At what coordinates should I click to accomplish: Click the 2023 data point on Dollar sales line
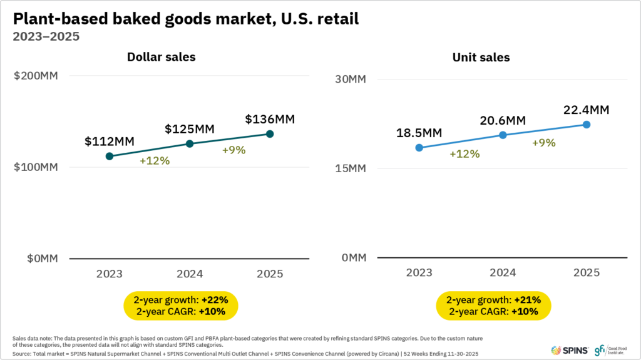[110, 156]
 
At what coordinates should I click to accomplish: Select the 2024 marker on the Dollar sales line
[190, 144]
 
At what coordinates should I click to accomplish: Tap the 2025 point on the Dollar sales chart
[270, 134]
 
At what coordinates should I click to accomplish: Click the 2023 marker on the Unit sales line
[419, 148]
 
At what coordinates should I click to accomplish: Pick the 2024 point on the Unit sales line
[503, 135]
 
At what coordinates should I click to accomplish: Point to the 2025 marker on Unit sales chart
[587, 125]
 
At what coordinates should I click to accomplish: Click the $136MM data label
[270, 119]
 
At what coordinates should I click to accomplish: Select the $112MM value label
[110, 141]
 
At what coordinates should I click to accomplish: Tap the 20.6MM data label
[503, 120]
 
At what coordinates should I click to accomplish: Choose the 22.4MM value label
[587, 110]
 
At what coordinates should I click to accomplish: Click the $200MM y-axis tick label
[36, 76]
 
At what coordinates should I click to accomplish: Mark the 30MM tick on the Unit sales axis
[349, 80]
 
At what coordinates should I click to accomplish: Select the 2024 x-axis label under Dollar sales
[190, 274]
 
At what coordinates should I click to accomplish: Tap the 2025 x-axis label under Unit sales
[587, 273]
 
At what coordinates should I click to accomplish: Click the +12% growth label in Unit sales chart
[464, 154]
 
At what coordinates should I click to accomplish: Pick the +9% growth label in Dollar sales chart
[234, 150]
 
